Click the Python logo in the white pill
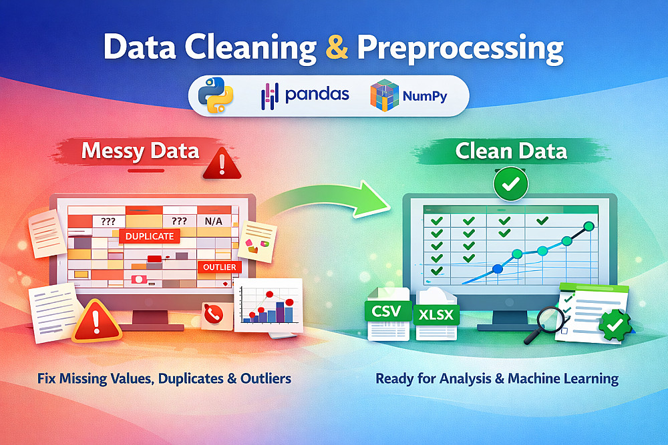point(216,95)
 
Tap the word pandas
point(317,95)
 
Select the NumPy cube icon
point(384,95)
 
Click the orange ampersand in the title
point(337,47)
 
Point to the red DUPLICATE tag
point(150,236)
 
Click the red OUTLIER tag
point(219,267)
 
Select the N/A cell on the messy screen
point(214,221)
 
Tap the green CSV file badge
point(387,311)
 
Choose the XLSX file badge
point(436,315)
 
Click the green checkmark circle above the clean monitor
point(511,183)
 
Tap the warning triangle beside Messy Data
point(222,164)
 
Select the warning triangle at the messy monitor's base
point(96,322)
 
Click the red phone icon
point(213,314)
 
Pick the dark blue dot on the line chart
point(497,269)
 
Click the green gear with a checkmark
point(615,326)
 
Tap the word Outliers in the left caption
point(266,378)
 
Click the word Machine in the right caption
point(533,378)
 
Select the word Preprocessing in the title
point(460,48)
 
